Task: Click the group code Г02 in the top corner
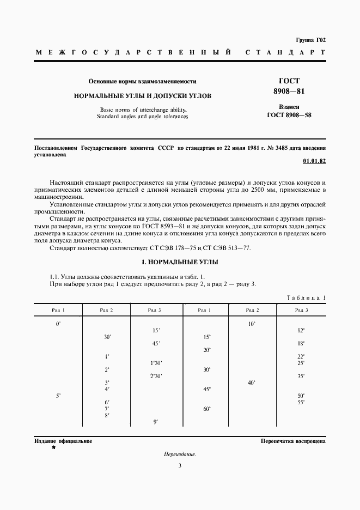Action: (x=319, y=40)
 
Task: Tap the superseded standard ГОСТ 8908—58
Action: (x=289, y=116)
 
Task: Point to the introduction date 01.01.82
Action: (x=314, y=162)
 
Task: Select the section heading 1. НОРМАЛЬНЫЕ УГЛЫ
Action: (x=180, y=262)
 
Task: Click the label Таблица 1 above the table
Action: (x=306, y=297)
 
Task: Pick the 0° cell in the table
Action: (x=58, y=324)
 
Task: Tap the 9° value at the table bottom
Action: (x=156, y=422)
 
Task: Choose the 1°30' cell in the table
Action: (x=156, y=363)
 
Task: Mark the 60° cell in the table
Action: (x=207, y=409)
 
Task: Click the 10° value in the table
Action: (x=251, y=324)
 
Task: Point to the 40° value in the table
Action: (x=251, y=382)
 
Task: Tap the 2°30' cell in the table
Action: (x=156, y=376)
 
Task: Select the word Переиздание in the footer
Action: (x=179, y=454)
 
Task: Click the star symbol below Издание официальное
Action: (x=53, y=447)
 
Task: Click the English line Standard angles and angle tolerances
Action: (x=142, y=116)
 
